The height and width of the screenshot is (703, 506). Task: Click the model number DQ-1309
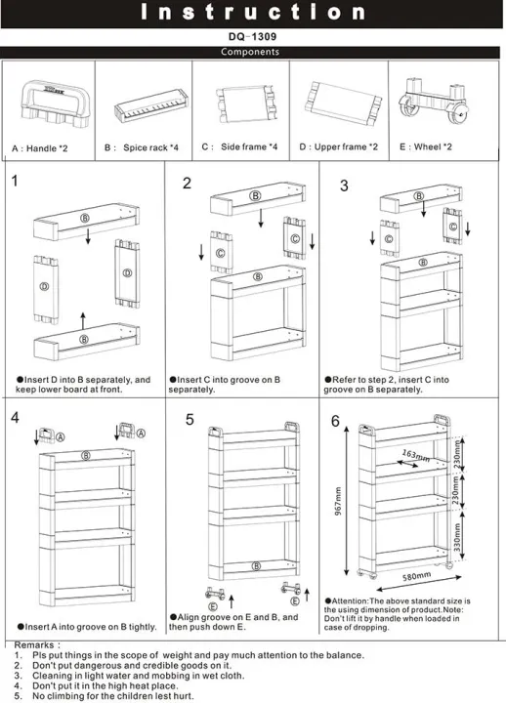click(253, 38)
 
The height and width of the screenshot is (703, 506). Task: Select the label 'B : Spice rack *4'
click(142, 147)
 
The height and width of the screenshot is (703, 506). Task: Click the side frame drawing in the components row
click(241, 103)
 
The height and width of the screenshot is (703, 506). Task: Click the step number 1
click(15, 181)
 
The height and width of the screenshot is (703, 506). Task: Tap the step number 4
click(15, 417)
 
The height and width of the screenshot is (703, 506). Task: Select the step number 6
click(335, 422)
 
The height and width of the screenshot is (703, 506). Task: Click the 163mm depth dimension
click(415, 455)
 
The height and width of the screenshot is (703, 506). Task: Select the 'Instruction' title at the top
click(253, 13)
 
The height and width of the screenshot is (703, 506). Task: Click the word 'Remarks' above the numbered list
click(37, 645)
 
